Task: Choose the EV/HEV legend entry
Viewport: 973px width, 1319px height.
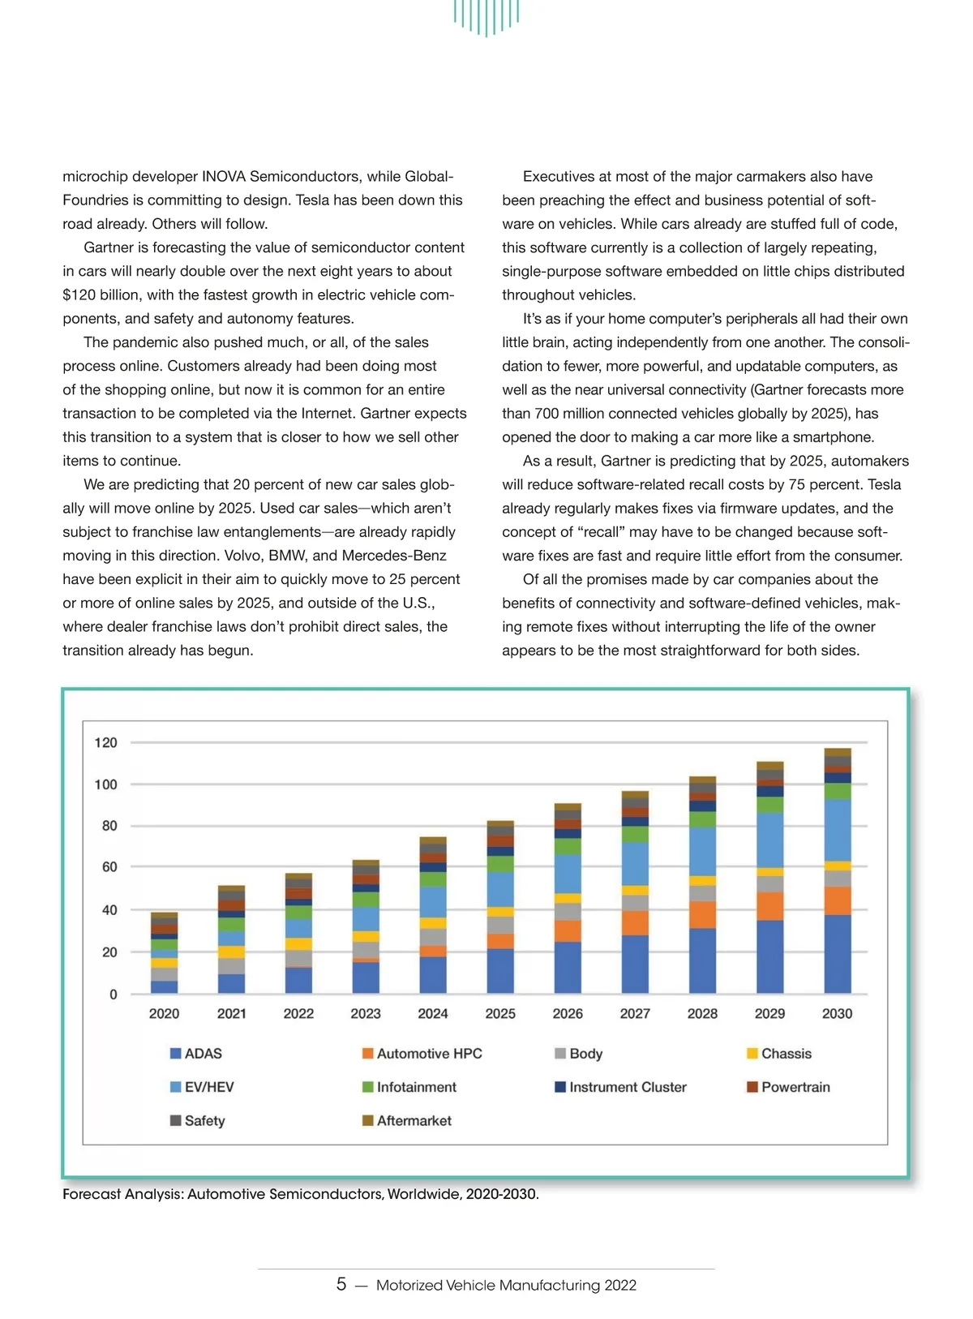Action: (202, 1087)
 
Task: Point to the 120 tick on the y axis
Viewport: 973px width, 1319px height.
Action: (105, 742)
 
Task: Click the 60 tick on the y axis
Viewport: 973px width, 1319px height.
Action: (109, 866)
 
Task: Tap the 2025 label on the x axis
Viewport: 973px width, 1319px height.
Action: (500, 1013)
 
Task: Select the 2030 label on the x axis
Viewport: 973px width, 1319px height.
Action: (837, 1013)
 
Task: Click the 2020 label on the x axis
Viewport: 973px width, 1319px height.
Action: (164, 1013)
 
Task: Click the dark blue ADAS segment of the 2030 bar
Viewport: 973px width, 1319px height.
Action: (838, 954)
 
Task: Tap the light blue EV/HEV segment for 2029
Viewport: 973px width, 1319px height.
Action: (769, 840)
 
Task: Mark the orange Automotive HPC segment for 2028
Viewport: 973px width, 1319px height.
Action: (702, 914)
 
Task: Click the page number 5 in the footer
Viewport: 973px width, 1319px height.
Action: (341, 1284)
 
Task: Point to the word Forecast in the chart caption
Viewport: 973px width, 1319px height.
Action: (92, 1194)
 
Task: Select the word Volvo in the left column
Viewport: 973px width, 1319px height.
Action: (222, 556)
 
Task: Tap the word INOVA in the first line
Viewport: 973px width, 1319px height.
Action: (223, 176)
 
